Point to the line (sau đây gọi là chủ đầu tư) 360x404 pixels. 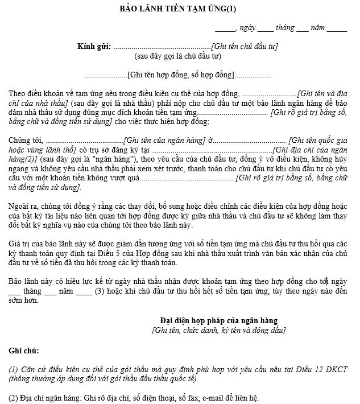click(177, 56)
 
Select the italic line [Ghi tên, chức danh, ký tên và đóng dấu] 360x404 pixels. click(219, 330)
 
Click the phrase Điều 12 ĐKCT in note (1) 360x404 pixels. click(319, 369)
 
